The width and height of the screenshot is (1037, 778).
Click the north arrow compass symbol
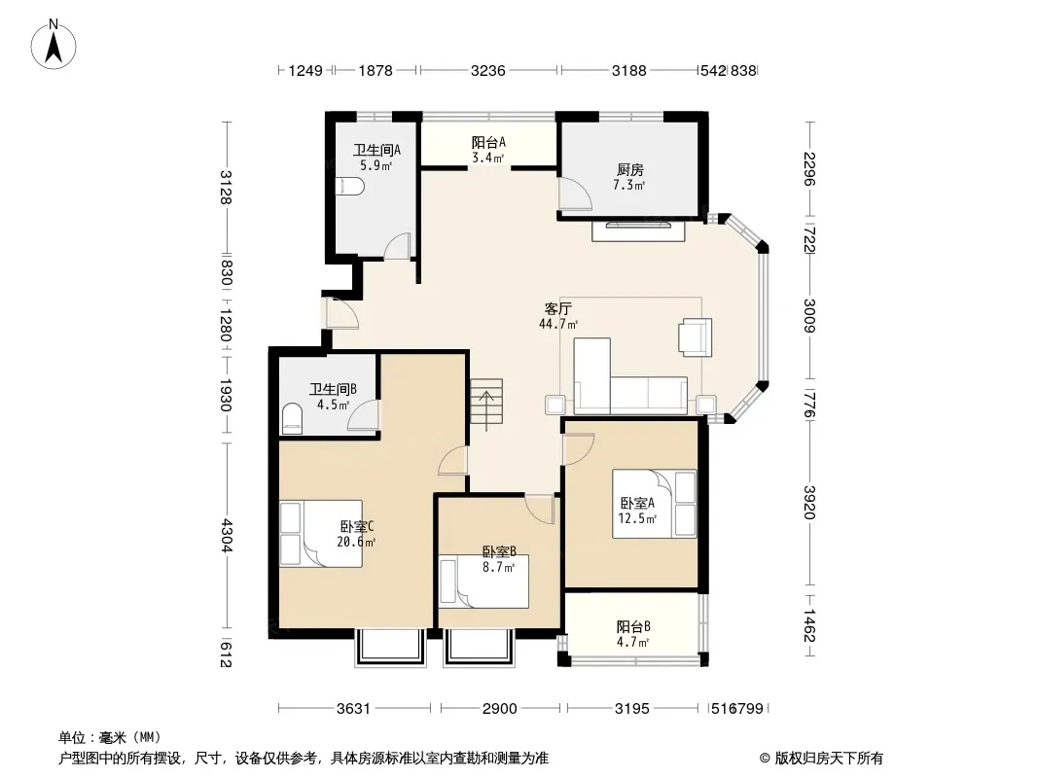coord(54,44)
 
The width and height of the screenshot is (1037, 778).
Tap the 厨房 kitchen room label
coord(629,170)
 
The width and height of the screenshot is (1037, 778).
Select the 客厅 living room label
coord(558,308)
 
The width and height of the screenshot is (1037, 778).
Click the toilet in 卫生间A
coord(349,187)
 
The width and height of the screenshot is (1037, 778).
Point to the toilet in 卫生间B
coord(292,419)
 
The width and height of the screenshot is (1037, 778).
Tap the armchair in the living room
coord(696,337)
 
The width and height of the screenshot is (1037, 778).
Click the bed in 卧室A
coord(654,503)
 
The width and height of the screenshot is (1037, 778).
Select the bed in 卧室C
coord(321,534)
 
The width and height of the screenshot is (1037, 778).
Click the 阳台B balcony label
coord(633,626)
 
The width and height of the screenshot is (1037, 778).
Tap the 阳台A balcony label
coord(488,142)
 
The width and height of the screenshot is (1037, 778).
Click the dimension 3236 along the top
coord(488,70)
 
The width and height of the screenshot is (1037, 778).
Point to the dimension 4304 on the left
coord(227,536)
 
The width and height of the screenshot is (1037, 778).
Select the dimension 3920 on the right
coord(809,503)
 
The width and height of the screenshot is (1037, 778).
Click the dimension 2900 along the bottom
coord(499,709)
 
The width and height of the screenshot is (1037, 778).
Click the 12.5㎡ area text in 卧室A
coord(637,519)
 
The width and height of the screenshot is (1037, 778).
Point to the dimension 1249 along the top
coord(305,70)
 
